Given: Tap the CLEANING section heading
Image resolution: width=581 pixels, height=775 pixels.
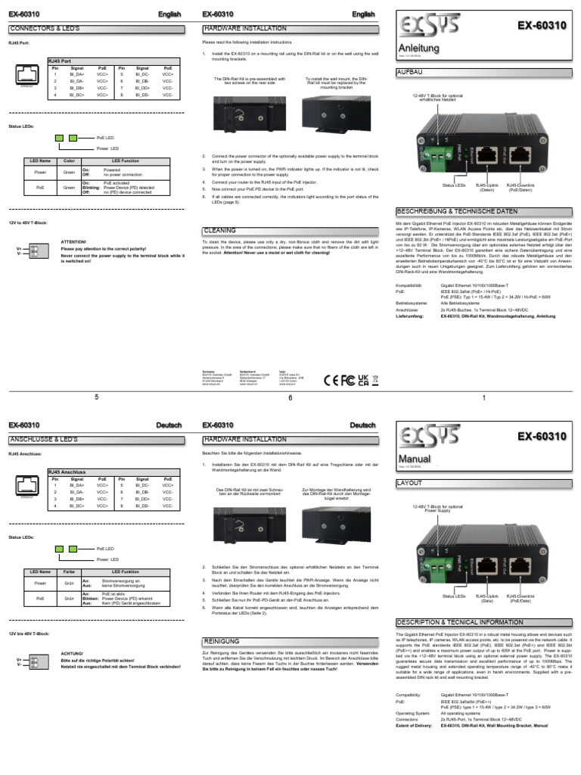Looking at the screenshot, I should (x=220, y=230).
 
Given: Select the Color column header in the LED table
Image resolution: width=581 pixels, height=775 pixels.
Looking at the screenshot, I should (x=68, y=161).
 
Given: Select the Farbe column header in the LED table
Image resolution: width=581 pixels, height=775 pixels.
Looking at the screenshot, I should (x=68, y=571).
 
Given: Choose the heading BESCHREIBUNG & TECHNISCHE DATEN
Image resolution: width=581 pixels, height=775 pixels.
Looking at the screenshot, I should (x=457, y=211).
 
